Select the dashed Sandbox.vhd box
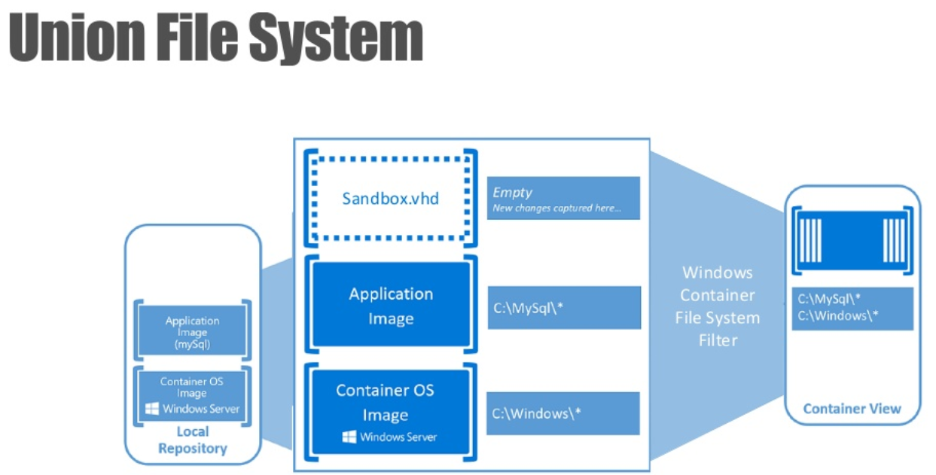pyautogui.click(x=390, y=199)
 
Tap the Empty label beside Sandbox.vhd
pyautogui.click(x=512, y=193)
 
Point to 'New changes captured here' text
pyautogui.click(x=556, y=208)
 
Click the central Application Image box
pyautogui.click(x=390, y=305)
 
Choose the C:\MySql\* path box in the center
pyautogui.click(x=563, y=307)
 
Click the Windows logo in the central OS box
pyautogui.click(x=349, y=437)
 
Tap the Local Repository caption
pyautogui.click(x=192, y=440)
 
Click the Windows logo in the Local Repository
pyautogui.click(x=151, y=409)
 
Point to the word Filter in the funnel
pyautogui.click(x=718, y=340)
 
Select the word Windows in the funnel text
pyautogui.click(x=718, y=273)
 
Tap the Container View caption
pyautogui.click(x=852, y=409)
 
